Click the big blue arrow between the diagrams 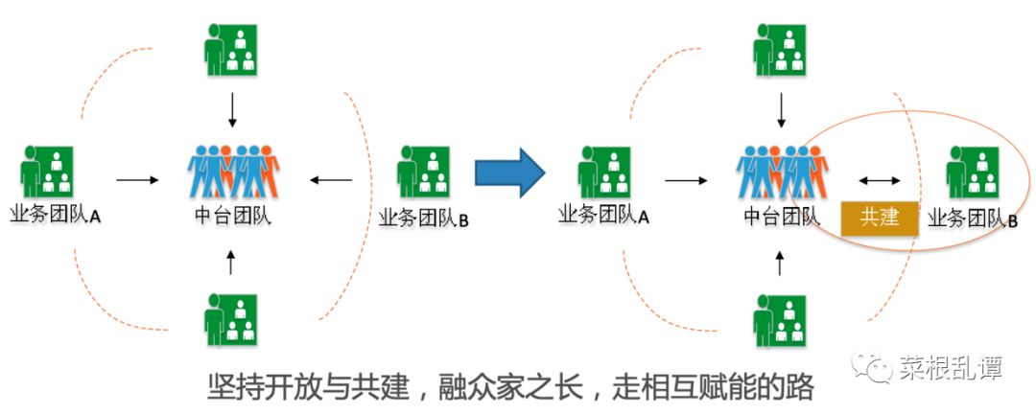(x=509, y=173)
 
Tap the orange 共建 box (x=880, y=218)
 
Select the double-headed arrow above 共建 (x=880, y=179)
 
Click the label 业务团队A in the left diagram (x=57, y=216)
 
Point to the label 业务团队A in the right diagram (x=604, y=216)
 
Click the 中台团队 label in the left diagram (x=231, y=216)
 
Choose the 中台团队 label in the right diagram (x=781, y=217)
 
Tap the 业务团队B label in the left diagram (x=424, y=220)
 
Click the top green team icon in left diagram (x=231, y=49)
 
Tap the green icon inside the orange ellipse (x=972, y=172)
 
